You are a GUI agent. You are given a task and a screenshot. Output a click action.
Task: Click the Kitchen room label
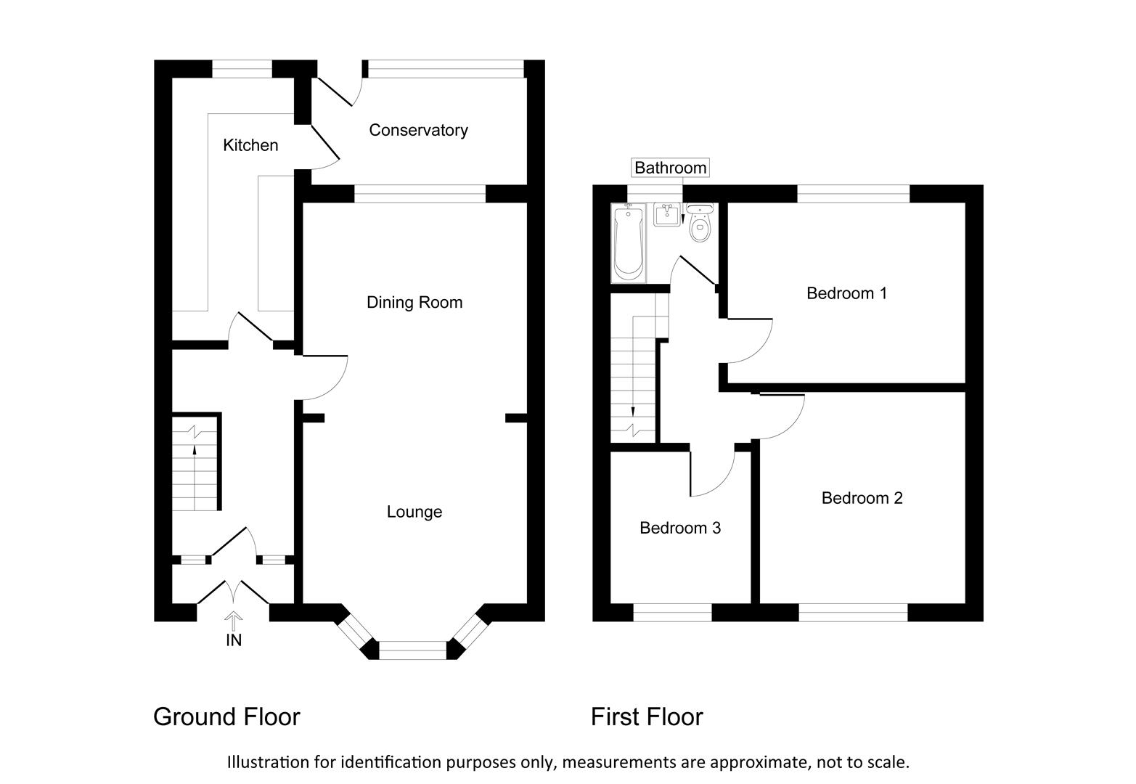[250, 145]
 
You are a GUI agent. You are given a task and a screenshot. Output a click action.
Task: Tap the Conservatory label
[418, 130]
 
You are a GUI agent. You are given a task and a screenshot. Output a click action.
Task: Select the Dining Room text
[414, 302]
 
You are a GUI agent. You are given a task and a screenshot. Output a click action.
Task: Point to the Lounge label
[414, 512]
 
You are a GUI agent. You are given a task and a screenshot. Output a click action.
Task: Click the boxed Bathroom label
[670, 168]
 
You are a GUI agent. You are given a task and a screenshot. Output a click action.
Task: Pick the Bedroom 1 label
[846, 293]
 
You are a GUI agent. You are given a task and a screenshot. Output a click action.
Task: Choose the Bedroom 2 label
[862, 498]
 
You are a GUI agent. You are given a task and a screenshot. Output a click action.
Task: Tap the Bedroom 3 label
[679, 528]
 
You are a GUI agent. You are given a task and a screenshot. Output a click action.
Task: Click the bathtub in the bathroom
[629, 242]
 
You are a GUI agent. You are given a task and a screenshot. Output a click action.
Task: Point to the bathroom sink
[666, 215]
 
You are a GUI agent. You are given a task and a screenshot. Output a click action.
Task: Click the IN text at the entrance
[234, 640]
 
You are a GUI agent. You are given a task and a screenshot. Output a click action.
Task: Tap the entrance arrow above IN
[234, 621]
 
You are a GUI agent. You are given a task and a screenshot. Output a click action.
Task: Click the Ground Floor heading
[226, 716]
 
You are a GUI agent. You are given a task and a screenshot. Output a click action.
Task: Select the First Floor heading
[646, 716]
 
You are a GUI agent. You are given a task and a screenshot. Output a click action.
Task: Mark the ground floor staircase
[195, 462]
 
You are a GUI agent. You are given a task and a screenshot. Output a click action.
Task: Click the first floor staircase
[634, 377]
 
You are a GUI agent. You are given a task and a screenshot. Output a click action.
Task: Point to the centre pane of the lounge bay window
[413, 650]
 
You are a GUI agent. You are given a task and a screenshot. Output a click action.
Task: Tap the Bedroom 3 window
[672, 613]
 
